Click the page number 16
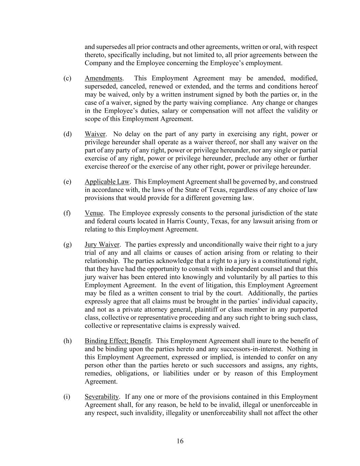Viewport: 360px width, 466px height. pos(180,441)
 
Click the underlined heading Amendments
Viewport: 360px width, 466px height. pos(103,78)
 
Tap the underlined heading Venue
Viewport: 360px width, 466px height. pos(94,213)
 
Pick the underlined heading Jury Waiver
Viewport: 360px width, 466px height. pos(102,244)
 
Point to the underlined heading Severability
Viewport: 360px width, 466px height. pos(102,397)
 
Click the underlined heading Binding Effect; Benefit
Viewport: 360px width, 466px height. pos(118,341)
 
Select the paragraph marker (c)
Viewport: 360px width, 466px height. pos(67,78)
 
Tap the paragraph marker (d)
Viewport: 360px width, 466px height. pos(67,134)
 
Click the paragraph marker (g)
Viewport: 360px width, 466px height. pos(67,244)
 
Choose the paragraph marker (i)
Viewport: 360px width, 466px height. pos(67,397)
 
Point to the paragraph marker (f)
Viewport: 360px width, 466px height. pos(67,213)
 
